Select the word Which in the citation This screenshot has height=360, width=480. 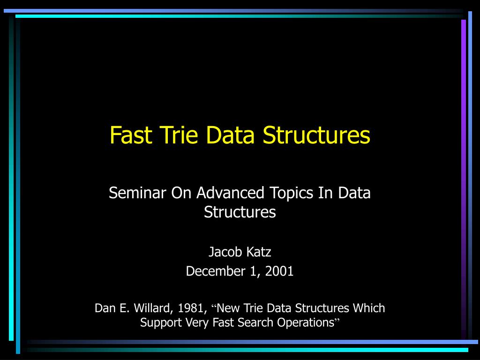click(x=369, y=308)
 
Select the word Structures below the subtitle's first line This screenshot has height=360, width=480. click(x=240, y=212)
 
